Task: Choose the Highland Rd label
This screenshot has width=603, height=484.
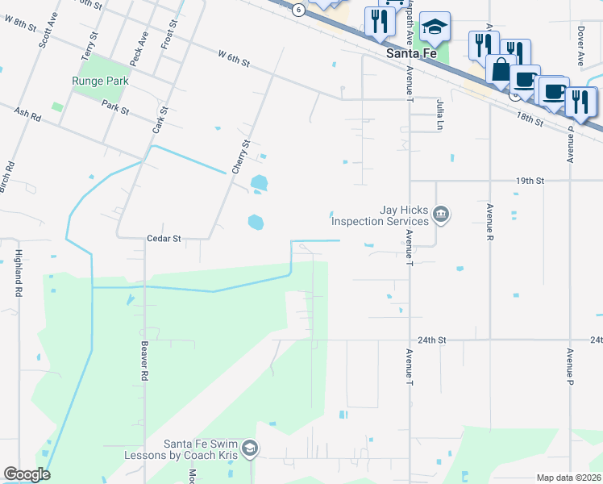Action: coord(17,273)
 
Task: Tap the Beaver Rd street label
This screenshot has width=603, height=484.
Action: coord(145,360)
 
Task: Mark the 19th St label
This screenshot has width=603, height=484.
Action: coord(530,181)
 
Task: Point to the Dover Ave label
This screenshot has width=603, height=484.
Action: coord(580,49)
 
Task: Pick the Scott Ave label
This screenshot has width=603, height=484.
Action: coord(45,35)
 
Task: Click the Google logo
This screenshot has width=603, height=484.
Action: coord(27,474)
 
